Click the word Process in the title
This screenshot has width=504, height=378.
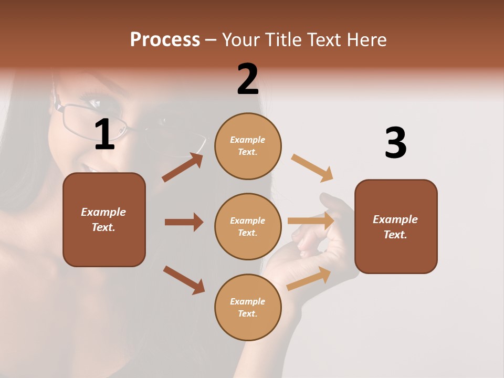pos(165,40)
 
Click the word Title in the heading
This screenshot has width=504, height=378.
pos(283,40)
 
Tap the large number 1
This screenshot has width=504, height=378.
pos(104,135)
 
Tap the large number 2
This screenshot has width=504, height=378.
pos(248,79)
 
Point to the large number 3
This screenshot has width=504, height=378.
pos(395,143)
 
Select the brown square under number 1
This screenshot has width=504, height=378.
pos(104,219)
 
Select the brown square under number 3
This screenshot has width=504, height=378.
pos(396,227)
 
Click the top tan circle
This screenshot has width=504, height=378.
pos(248,146)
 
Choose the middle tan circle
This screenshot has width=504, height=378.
pos(248,226)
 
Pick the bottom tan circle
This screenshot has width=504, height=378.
pos(248,307)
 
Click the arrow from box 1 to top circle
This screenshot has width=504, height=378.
pos(183,167)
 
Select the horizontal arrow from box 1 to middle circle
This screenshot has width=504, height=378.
pos(184,222)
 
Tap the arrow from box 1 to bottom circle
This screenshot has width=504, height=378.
pos(184,280)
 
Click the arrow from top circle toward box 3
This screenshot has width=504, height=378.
pos(312,168)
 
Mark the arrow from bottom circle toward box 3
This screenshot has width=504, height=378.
pos(309,278)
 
